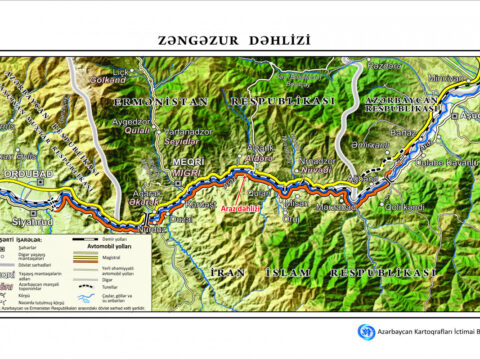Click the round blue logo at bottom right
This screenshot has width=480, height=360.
pyautogui.click(x=366, y=331)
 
